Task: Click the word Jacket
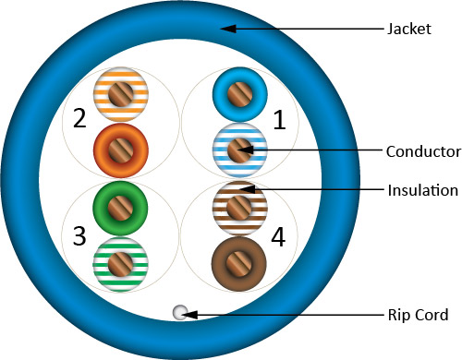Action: (407, 29)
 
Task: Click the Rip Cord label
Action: (418, 315)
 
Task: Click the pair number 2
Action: (79, 119)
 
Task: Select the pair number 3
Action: (79, 236)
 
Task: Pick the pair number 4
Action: (277, 236)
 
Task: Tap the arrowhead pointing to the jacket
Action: (225, 29)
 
